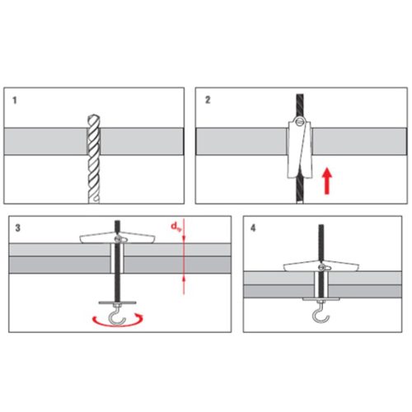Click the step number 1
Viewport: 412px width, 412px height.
coord(15,101)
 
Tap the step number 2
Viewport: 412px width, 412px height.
coord(208,100)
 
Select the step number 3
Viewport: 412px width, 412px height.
coord(18,228)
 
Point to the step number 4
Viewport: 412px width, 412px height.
coord(253,228)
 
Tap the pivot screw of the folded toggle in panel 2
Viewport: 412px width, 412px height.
coord(300,121)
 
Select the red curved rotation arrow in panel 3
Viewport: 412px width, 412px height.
coord(118,322)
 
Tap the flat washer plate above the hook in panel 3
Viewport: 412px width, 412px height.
coord(117,302)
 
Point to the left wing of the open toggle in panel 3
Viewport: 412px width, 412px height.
coord(97,238)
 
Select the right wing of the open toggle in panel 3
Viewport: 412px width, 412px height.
coord(138,238)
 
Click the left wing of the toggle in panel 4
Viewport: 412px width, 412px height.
coord(301,267)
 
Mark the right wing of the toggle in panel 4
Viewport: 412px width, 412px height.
coord(342,267)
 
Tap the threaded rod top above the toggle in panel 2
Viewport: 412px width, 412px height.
coord(300,105)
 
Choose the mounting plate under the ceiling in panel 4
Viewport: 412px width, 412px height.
coord(321,299)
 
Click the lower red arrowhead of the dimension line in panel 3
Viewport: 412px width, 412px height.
coord(184,279)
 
